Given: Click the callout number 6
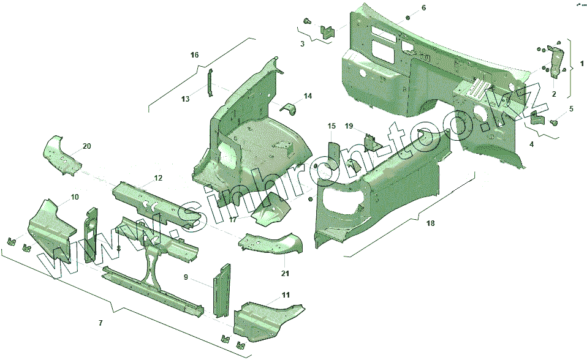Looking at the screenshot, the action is (423, 8).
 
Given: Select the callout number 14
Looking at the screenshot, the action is (308, 96).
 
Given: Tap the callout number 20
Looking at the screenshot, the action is (86, 146).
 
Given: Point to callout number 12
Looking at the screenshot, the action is (158, 178).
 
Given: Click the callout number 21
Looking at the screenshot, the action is (286, 273).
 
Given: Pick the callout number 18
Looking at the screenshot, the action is (430, 223).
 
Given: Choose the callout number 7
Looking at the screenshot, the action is (101, 323).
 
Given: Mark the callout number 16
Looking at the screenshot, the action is (194, 55).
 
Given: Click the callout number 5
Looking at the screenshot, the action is (571, 109).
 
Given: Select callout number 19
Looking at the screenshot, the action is (349, 126).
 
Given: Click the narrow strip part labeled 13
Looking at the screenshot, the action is (208, 83).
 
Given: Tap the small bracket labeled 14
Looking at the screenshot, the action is (289, 108).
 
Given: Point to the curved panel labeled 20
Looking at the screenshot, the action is (61, 153).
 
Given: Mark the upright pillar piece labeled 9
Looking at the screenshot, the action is (220, 288).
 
